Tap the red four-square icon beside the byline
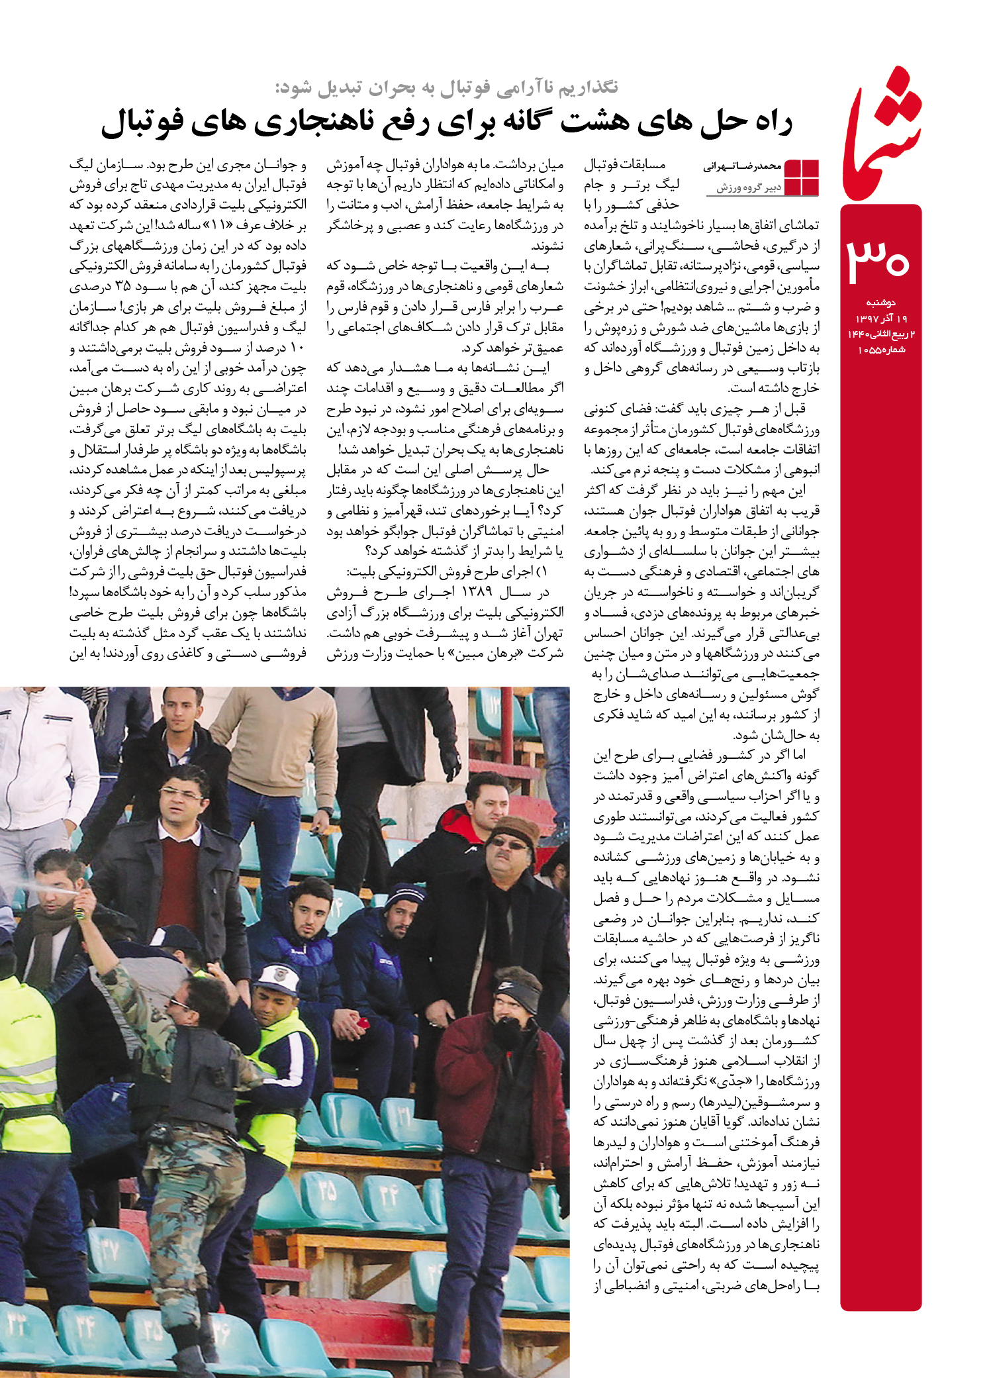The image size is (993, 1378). pos(802,177)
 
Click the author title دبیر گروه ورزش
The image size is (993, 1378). pos(749,188)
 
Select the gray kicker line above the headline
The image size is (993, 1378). pos(446,87)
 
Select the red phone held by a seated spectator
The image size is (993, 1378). pos(363,1023)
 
